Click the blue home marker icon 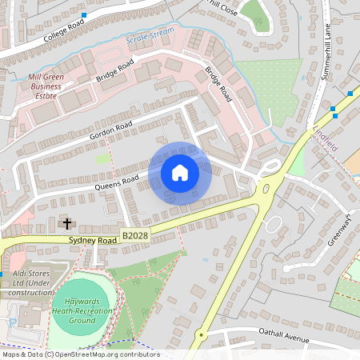click(180, 173)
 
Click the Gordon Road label click(110, 127)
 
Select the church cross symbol click(66, 223)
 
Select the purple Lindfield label click(326, 133)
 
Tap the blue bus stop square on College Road click(84, 15)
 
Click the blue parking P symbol click(12, 321)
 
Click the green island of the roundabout click(266, 190)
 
